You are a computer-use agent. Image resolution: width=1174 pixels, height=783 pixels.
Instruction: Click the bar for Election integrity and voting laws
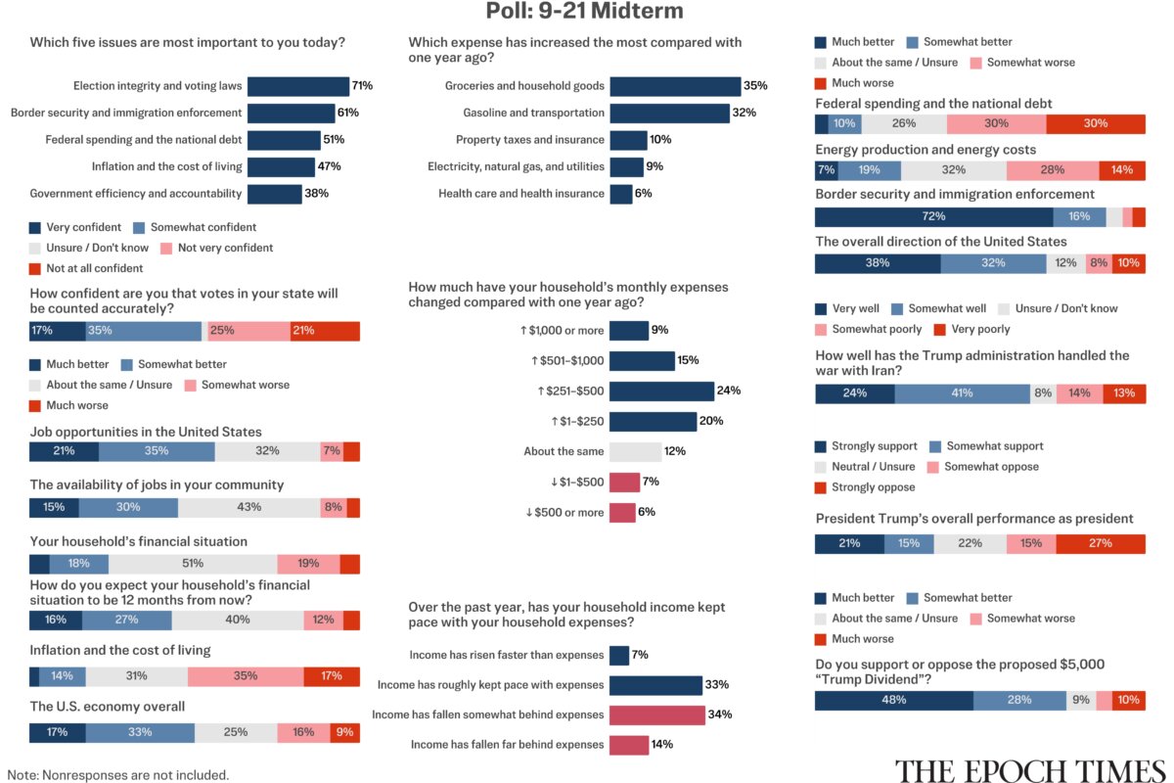coord(298,86)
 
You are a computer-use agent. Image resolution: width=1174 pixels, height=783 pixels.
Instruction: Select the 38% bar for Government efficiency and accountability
coord(275,194)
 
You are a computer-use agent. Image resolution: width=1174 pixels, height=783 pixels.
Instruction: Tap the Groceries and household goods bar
coord(676,86)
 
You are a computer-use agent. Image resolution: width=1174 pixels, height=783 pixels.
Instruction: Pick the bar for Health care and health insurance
coord(621,194)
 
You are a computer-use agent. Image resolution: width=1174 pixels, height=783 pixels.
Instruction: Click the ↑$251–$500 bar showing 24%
coord(662,391)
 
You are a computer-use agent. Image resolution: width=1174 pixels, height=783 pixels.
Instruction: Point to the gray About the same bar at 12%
coord(636,451)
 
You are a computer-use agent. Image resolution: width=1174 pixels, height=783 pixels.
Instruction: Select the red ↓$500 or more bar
coord(622,513)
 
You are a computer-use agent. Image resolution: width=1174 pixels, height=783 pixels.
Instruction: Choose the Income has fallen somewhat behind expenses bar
coord(657,714)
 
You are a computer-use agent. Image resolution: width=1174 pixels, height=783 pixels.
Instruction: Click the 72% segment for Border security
coord(934,217)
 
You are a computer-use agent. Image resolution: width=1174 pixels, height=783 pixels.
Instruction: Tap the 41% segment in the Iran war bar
coord(963,393)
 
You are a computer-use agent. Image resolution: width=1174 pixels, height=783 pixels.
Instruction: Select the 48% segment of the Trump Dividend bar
coord(894,701)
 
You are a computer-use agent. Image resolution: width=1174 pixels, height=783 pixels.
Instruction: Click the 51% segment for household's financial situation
coord(193,565)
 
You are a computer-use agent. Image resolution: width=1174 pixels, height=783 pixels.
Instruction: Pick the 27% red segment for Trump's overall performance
coord(1101,544)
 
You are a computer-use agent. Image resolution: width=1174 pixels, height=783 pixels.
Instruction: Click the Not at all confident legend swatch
coord(35,269)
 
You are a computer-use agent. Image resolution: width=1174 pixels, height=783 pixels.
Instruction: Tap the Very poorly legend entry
coord(972,330)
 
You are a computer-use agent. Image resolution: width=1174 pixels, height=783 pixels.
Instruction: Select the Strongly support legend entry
coord(866,446)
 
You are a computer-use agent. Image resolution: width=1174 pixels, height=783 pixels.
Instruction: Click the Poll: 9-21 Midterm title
coord(584,11)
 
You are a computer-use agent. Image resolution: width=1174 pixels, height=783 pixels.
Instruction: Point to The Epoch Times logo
coord(1030,771)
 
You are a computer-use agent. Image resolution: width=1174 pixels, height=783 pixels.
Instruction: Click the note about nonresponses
coord(118,775)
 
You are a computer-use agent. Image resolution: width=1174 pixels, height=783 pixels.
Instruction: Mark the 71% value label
coord(362,85)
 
